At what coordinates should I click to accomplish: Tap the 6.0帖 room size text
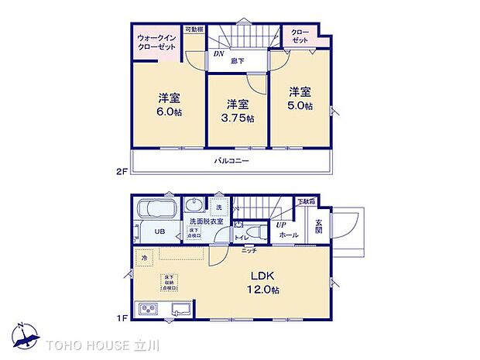(170, 111)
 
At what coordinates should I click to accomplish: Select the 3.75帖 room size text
(237, 118)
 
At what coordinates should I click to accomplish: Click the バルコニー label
(231, 161)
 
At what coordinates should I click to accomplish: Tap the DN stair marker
(218, 54)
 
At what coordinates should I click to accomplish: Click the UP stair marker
(281, 225)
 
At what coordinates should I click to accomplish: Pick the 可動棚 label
(194, 30)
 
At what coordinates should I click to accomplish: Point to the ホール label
(288, 235)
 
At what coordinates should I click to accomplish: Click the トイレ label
(241, 238)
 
